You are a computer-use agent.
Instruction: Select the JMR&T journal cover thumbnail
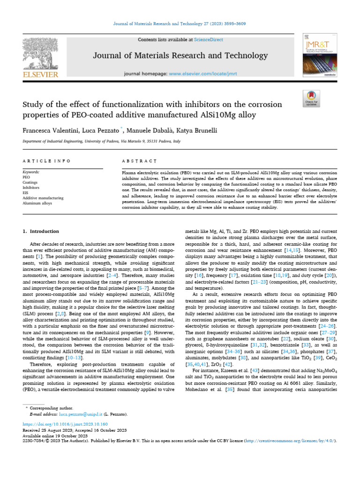(319, 56)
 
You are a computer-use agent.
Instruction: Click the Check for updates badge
(311, 98)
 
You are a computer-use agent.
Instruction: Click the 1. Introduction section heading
(41, 231)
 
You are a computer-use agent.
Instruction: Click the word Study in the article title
(33, 104)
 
